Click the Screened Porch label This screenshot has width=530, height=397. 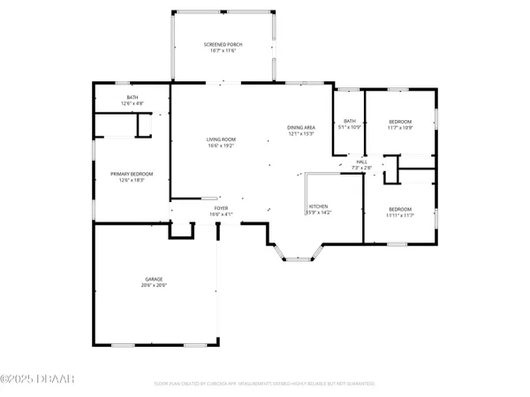(223, 44)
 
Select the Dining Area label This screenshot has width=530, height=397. (301, 128)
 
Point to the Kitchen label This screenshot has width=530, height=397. (318, 206)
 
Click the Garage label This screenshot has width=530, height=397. (154, 279)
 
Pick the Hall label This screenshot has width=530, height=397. (362, 161)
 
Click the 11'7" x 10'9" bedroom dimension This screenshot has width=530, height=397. (401, 127)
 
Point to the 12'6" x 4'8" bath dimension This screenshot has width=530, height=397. (132, 105)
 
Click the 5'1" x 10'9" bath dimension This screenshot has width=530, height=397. (350, 127)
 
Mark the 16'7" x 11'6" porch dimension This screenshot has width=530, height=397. (223, 50)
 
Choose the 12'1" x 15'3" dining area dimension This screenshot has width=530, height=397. (301, 134)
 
